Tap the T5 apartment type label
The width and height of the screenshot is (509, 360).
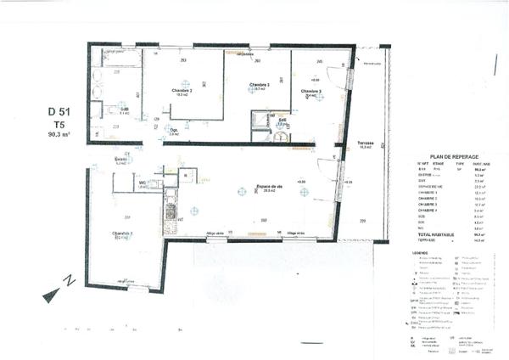58,123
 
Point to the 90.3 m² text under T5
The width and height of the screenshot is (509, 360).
58,134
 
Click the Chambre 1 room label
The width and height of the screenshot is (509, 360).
260,85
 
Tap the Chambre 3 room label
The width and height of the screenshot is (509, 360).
311,91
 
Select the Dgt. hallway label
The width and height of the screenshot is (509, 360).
174,130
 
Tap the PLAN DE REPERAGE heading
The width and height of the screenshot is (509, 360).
450,157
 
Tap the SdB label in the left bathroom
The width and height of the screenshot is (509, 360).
124,110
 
